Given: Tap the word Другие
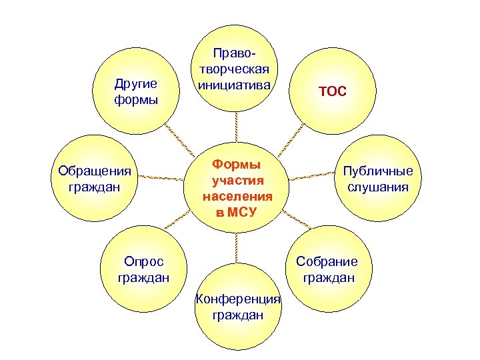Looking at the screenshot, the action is [136, 84].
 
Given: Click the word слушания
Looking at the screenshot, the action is [378, 187].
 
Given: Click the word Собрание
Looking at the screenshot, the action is [327, 261].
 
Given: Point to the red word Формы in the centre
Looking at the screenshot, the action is [236, 164].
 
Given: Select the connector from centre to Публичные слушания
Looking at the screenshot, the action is [313, 177].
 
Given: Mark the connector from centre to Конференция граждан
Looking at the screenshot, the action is [237, 247].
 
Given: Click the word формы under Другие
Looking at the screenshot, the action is [136, 100].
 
